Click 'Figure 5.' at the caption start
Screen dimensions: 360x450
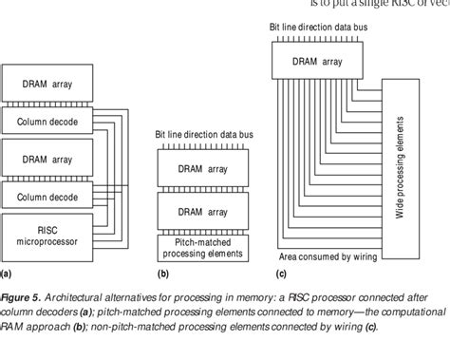pyautogui.click(x=21, y=298)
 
